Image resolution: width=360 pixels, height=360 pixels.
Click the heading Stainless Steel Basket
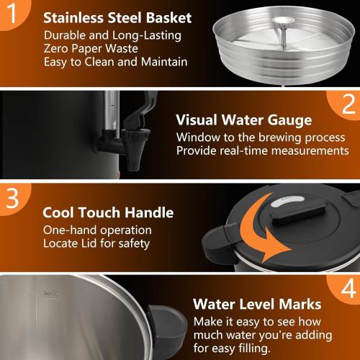click(117, 18)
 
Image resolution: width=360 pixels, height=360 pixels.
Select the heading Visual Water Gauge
click(244, 120)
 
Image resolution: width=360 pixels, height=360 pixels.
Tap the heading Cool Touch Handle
click(108, 212)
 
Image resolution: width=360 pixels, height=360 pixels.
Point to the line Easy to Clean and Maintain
click(115, 62)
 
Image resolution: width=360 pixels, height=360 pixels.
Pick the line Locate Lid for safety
click(96, 244)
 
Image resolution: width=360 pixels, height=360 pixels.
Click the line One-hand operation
click(97, 230)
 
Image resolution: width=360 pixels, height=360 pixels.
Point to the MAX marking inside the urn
click(50, 293)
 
